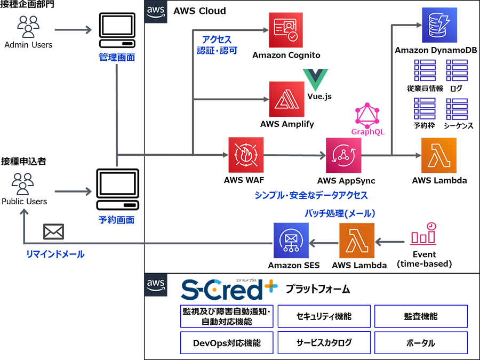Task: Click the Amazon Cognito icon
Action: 286,30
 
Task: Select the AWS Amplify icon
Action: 286,99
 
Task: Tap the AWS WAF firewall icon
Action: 246,155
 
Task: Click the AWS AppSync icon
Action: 343,155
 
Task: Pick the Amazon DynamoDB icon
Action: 436,25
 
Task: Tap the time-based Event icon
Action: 424,235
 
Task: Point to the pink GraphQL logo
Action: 367,114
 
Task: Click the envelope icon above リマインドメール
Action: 53,231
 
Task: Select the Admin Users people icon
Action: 28,26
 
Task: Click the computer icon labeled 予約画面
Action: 117,190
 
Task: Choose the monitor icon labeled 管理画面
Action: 117,31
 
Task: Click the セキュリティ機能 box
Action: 324,316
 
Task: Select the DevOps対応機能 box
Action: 227,343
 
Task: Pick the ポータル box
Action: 421,343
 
